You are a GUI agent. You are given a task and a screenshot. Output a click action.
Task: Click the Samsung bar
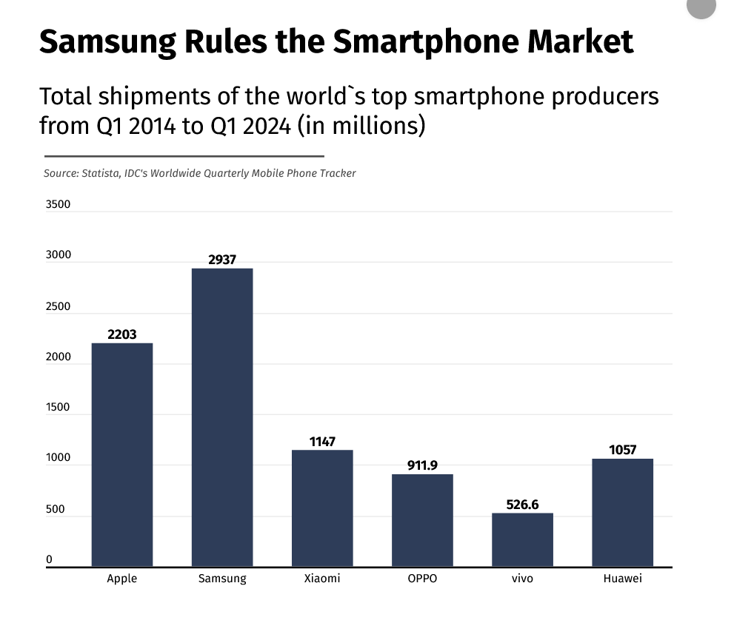click(222, 418)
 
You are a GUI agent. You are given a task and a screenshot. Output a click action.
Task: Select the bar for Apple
click(122, 455)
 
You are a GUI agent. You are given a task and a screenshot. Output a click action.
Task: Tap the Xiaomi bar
click(322, 508)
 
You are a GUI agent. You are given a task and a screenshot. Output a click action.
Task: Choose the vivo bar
click(522, 540)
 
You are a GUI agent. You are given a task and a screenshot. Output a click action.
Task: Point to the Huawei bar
click(622, 513)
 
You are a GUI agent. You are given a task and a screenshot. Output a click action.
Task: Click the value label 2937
click(222, 260)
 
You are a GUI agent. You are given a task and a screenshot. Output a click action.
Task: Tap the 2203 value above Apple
click(122, 334)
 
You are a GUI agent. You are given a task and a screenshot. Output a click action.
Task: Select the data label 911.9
click(422, 465)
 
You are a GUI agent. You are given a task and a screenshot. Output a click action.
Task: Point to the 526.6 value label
click(522, 505)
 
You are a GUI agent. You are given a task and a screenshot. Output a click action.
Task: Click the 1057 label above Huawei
click(622, 450)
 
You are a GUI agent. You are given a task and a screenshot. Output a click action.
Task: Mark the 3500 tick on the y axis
click(58, 204)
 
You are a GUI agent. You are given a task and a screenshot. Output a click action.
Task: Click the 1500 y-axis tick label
click(58, 408)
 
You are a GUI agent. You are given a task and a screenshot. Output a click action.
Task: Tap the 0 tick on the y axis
click(49, 559)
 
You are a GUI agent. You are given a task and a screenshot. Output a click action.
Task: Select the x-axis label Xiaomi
click(322, 579)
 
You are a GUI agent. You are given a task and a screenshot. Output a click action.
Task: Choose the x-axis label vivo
click(522, 579)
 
